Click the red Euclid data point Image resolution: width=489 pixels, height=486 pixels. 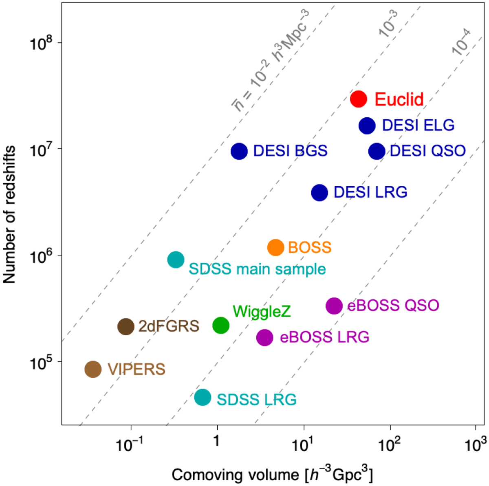(359, 99)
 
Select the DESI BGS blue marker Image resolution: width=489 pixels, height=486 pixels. (239, 151)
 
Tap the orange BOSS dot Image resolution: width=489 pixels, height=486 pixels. (276, 247)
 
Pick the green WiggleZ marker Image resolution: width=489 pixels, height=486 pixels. (221, 325)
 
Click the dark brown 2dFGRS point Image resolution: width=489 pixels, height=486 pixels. (126, 326)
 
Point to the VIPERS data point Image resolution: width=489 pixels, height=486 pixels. (93, 369)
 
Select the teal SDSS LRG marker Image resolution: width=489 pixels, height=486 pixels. (203, 397)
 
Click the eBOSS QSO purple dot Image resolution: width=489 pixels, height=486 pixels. (334, 306)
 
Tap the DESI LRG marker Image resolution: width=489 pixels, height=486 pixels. (319, 192)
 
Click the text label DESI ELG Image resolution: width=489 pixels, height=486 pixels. (418, 125)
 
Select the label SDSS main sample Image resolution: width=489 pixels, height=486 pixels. (257, 269)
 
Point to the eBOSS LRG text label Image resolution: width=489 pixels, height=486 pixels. (324, 337)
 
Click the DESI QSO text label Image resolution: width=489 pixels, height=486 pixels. (428, 151)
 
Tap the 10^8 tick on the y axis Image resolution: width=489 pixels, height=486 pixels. (41, 42)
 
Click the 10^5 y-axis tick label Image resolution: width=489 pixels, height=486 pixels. (41, 363)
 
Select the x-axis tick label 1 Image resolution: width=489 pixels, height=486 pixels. (217, 442)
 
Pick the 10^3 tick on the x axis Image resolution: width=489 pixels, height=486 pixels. (475, 444)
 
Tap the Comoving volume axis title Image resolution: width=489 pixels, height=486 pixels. (272, 474)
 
